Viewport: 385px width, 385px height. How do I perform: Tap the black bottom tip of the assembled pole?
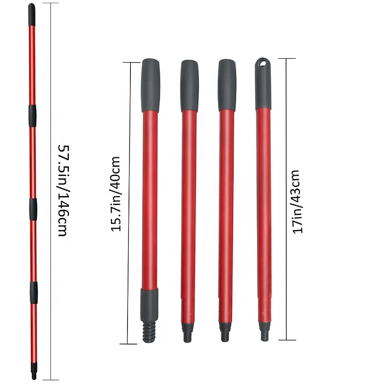click(x=34, y=374)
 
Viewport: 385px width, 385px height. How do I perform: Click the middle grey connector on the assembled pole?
click(x=33, y=208)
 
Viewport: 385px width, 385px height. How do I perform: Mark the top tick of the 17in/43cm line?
click(x=287, y=59)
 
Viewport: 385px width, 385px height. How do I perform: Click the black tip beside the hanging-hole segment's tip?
click(x=225, y=331)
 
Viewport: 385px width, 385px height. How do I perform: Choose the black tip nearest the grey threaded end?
click(x=188, y=332)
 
